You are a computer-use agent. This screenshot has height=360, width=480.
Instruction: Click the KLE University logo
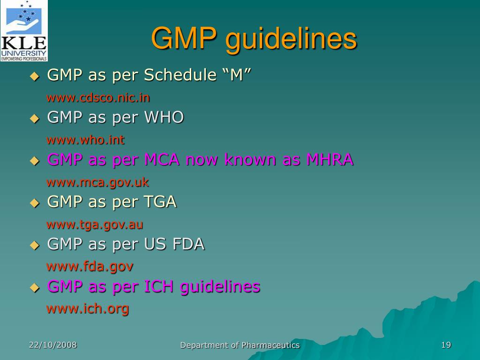coord(24,31)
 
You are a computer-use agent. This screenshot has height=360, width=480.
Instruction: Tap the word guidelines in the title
coord(291,39)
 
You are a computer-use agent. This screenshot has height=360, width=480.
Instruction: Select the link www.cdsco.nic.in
coord(98,97)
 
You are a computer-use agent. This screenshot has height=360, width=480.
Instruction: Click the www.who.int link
coord(85,140)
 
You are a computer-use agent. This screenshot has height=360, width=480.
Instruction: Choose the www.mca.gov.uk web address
coord(97,182)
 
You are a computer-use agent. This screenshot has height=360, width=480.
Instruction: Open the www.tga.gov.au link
coord(95,224)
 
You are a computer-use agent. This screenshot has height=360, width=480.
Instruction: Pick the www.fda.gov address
coord(90,266)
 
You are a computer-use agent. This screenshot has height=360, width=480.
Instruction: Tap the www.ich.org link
coord(87,309)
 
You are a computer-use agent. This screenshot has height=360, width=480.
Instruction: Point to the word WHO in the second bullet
coord(164,117)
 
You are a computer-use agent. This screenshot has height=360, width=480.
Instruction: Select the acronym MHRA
coord(330,159)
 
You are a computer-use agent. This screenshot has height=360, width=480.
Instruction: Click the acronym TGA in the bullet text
coord(160,202)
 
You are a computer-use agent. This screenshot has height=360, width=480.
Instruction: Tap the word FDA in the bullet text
coord(188,244)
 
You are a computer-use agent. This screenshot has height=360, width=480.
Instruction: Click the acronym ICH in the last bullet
coord(160,286)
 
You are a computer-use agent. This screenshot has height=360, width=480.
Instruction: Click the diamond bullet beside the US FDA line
coord(34,245)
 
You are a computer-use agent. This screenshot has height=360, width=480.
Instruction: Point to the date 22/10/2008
coord(53,345)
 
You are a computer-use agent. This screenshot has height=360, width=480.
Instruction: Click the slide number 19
coord(446,345)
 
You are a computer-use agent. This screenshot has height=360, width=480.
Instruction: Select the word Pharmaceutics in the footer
coord(270,345)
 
